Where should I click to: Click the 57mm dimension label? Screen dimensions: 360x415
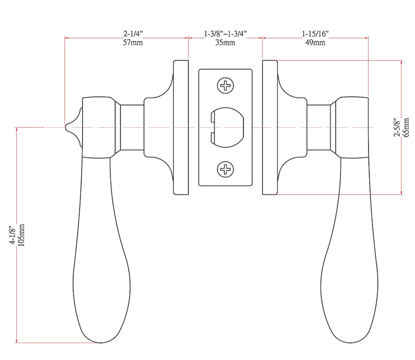133,43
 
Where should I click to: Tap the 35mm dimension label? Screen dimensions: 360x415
225,43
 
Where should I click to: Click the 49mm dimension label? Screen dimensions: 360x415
315,43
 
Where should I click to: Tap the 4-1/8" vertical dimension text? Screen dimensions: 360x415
13,235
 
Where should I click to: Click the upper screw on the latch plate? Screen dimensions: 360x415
225,86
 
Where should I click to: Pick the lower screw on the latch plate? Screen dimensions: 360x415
225,169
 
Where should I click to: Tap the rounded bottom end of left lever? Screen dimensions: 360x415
100,337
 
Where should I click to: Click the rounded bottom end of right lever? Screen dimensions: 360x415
350,337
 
